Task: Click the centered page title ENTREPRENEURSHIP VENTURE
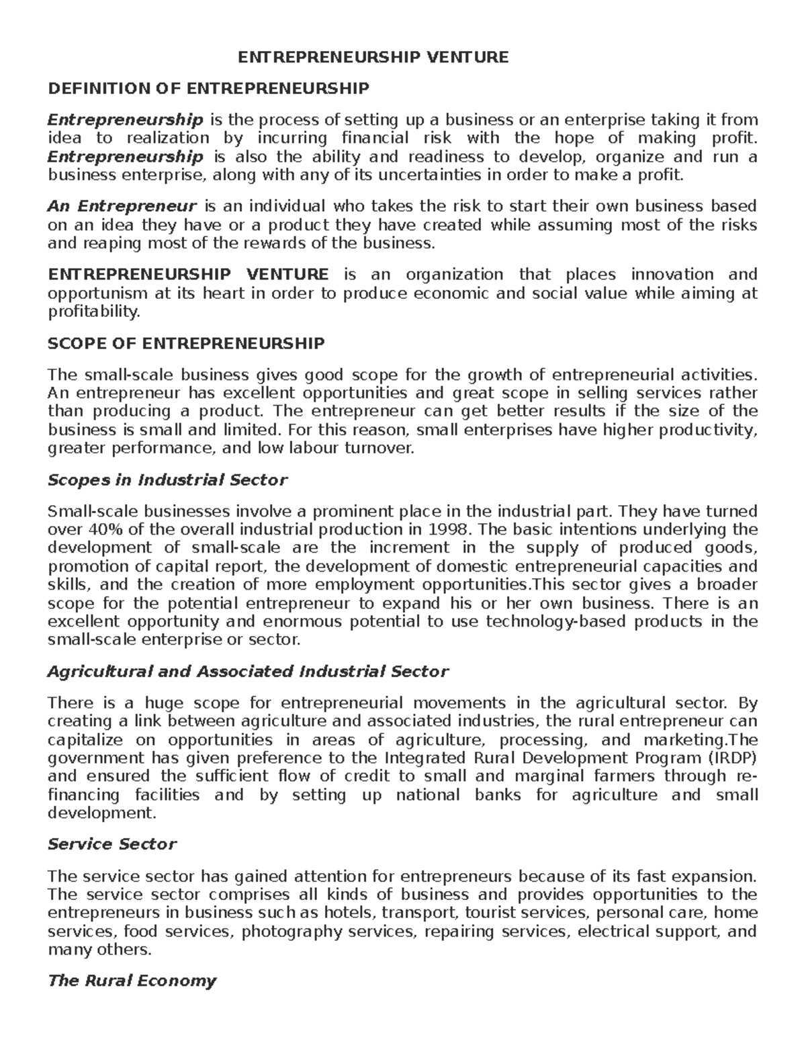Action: click(x=374, y=57)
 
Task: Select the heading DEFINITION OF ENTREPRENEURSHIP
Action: click(x=208, y=89)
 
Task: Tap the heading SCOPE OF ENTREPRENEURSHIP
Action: click(x=186, y=344)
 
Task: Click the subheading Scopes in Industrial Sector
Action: click(x=167, y=480)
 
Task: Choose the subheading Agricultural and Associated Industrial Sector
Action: click(x=248, y=672)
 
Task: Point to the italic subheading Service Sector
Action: click(x=112, y=844)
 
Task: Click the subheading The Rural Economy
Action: click(x=132, y=981)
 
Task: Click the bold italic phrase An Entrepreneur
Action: click(x=122, y=206)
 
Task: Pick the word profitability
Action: click(x=94, y=312)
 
